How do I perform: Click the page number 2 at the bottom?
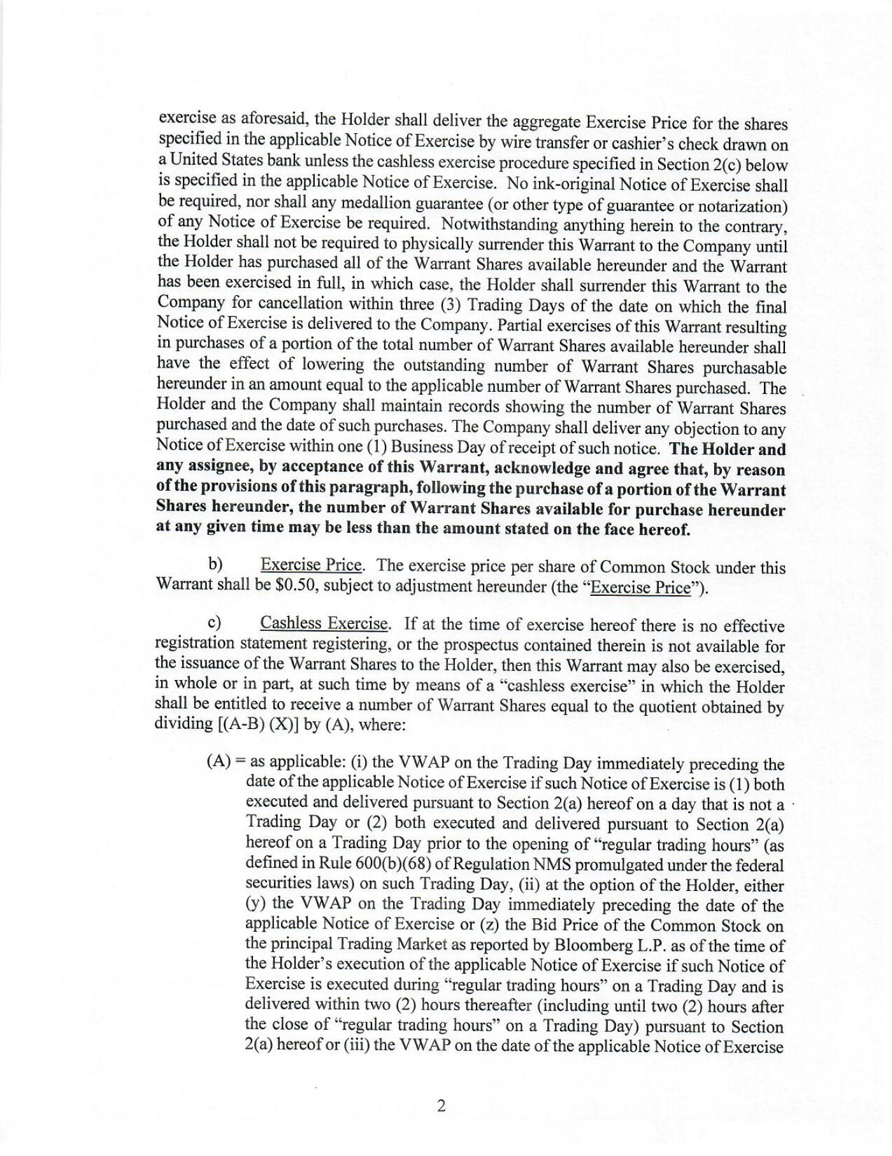click(440, 1106)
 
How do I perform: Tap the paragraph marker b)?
click(215, 565)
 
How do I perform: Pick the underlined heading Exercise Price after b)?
click(312, 565)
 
